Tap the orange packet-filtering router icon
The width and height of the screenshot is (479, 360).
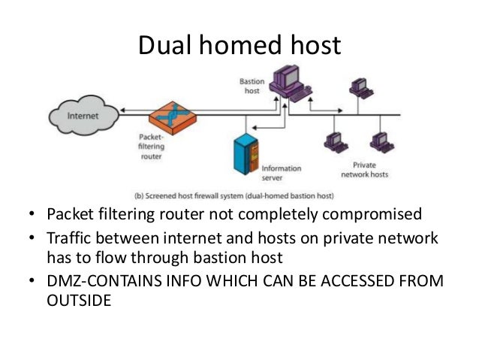point(172,116)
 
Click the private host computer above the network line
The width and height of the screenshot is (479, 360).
point(359,87)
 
